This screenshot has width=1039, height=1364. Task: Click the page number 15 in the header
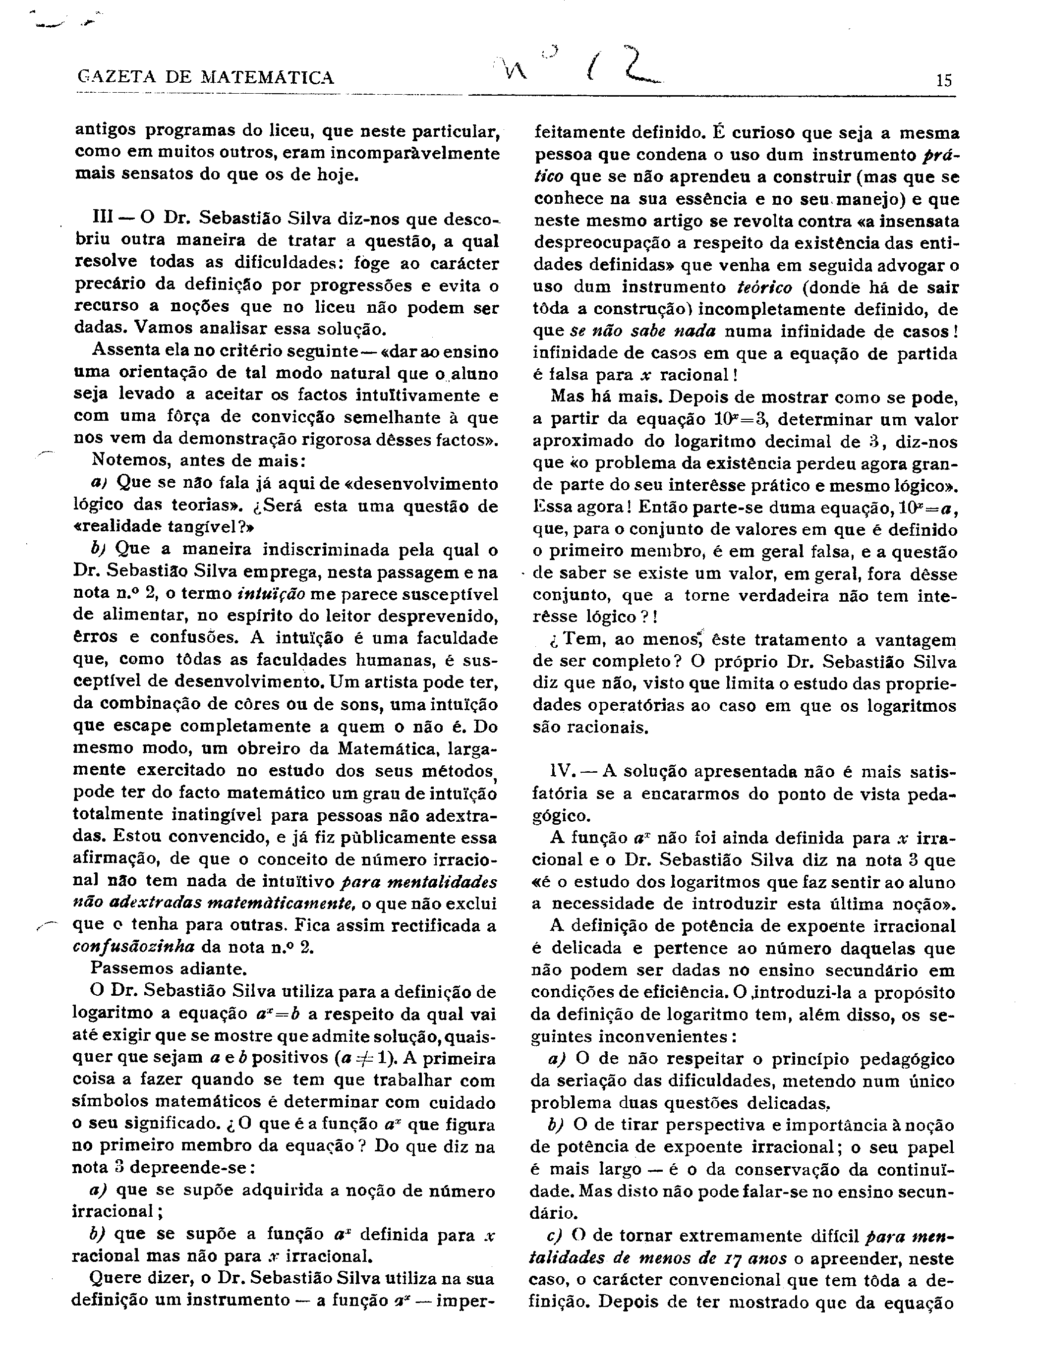[944, 80]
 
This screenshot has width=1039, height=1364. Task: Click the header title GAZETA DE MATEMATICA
[206, 78]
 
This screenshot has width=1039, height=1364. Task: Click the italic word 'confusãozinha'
[133, 947]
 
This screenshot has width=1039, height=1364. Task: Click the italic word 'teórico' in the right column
[764, 287]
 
